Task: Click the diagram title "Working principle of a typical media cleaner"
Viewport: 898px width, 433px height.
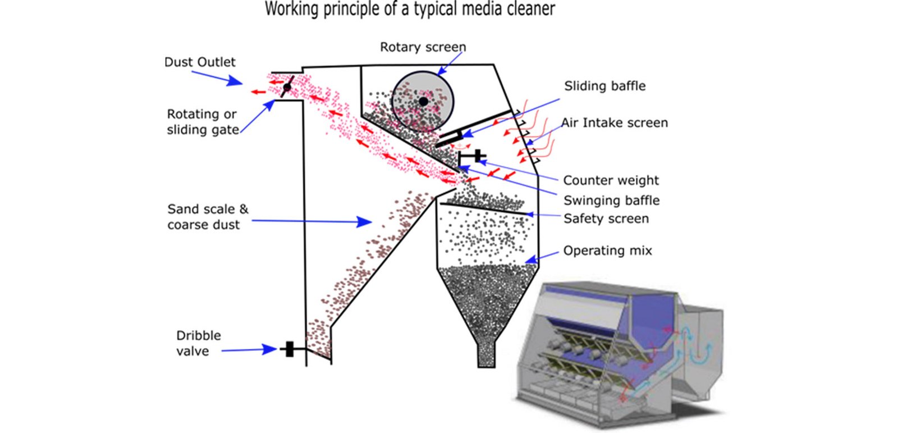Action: (x=410, y=10)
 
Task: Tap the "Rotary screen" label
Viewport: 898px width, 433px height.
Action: (x=423, y=47)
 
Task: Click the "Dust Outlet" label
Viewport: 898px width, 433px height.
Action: (x=200, y=62)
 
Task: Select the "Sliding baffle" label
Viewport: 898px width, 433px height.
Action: (x=604, y=86)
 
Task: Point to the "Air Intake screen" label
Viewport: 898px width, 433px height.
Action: (x=615, y=123)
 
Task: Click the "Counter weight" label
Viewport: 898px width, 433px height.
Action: (x=611, y=180)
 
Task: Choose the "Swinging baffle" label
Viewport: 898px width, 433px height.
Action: (x=611, y=200)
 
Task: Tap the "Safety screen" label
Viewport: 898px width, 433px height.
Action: (x=606, y=218)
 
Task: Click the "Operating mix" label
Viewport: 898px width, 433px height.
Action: (x=607, y=250)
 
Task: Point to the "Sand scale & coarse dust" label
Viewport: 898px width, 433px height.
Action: (x=208, y=217)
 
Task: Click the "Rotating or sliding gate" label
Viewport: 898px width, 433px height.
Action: (x=202, y=122)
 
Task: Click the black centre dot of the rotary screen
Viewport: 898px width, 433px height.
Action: (x=423, y=101)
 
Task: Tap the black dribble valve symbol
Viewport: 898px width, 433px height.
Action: (x=289, y=349)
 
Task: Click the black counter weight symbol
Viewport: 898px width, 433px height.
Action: (x=477, y=156)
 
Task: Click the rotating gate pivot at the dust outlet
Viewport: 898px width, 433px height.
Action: (x=287, y=88)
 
